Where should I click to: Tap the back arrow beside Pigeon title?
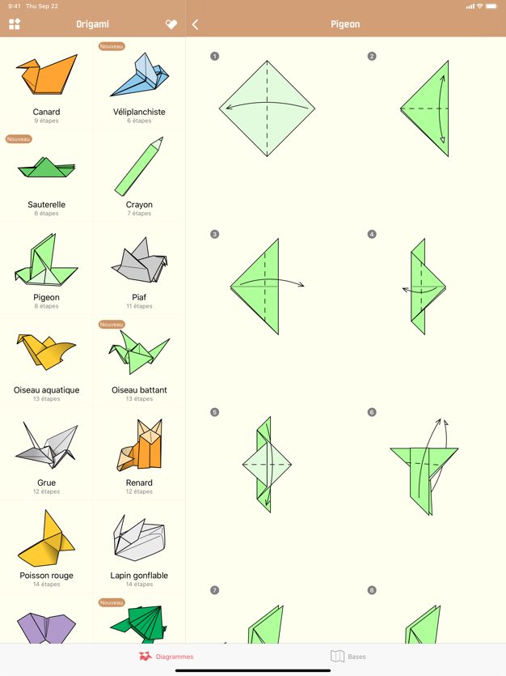(196, 24)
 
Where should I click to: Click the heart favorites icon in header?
(171, 24)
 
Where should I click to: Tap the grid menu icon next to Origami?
(15, 24)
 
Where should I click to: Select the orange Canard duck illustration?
(46, 74)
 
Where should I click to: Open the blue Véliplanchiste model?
(140, 74)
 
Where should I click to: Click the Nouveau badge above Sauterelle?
(19, 138)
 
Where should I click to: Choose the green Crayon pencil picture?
(139, 165)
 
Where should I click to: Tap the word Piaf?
(139, 297)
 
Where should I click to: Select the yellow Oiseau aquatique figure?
(46, 351)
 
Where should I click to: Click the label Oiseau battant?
(139, 389)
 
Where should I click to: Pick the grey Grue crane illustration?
(46, 445)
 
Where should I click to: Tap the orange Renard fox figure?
(140, 445)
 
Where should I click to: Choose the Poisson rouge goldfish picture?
(46, 538)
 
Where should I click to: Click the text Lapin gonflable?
(139, 575)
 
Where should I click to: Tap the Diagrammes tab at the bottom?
(166, 657)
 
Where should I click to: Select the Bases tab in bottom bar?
(348, 657)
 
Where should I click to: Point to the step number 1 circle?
(215, 56)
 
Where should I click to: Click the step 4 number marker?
(372, 234)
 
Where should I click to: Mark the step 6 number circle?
(372, 412)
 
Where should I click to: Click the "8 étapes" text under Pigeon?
(46, 306)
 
